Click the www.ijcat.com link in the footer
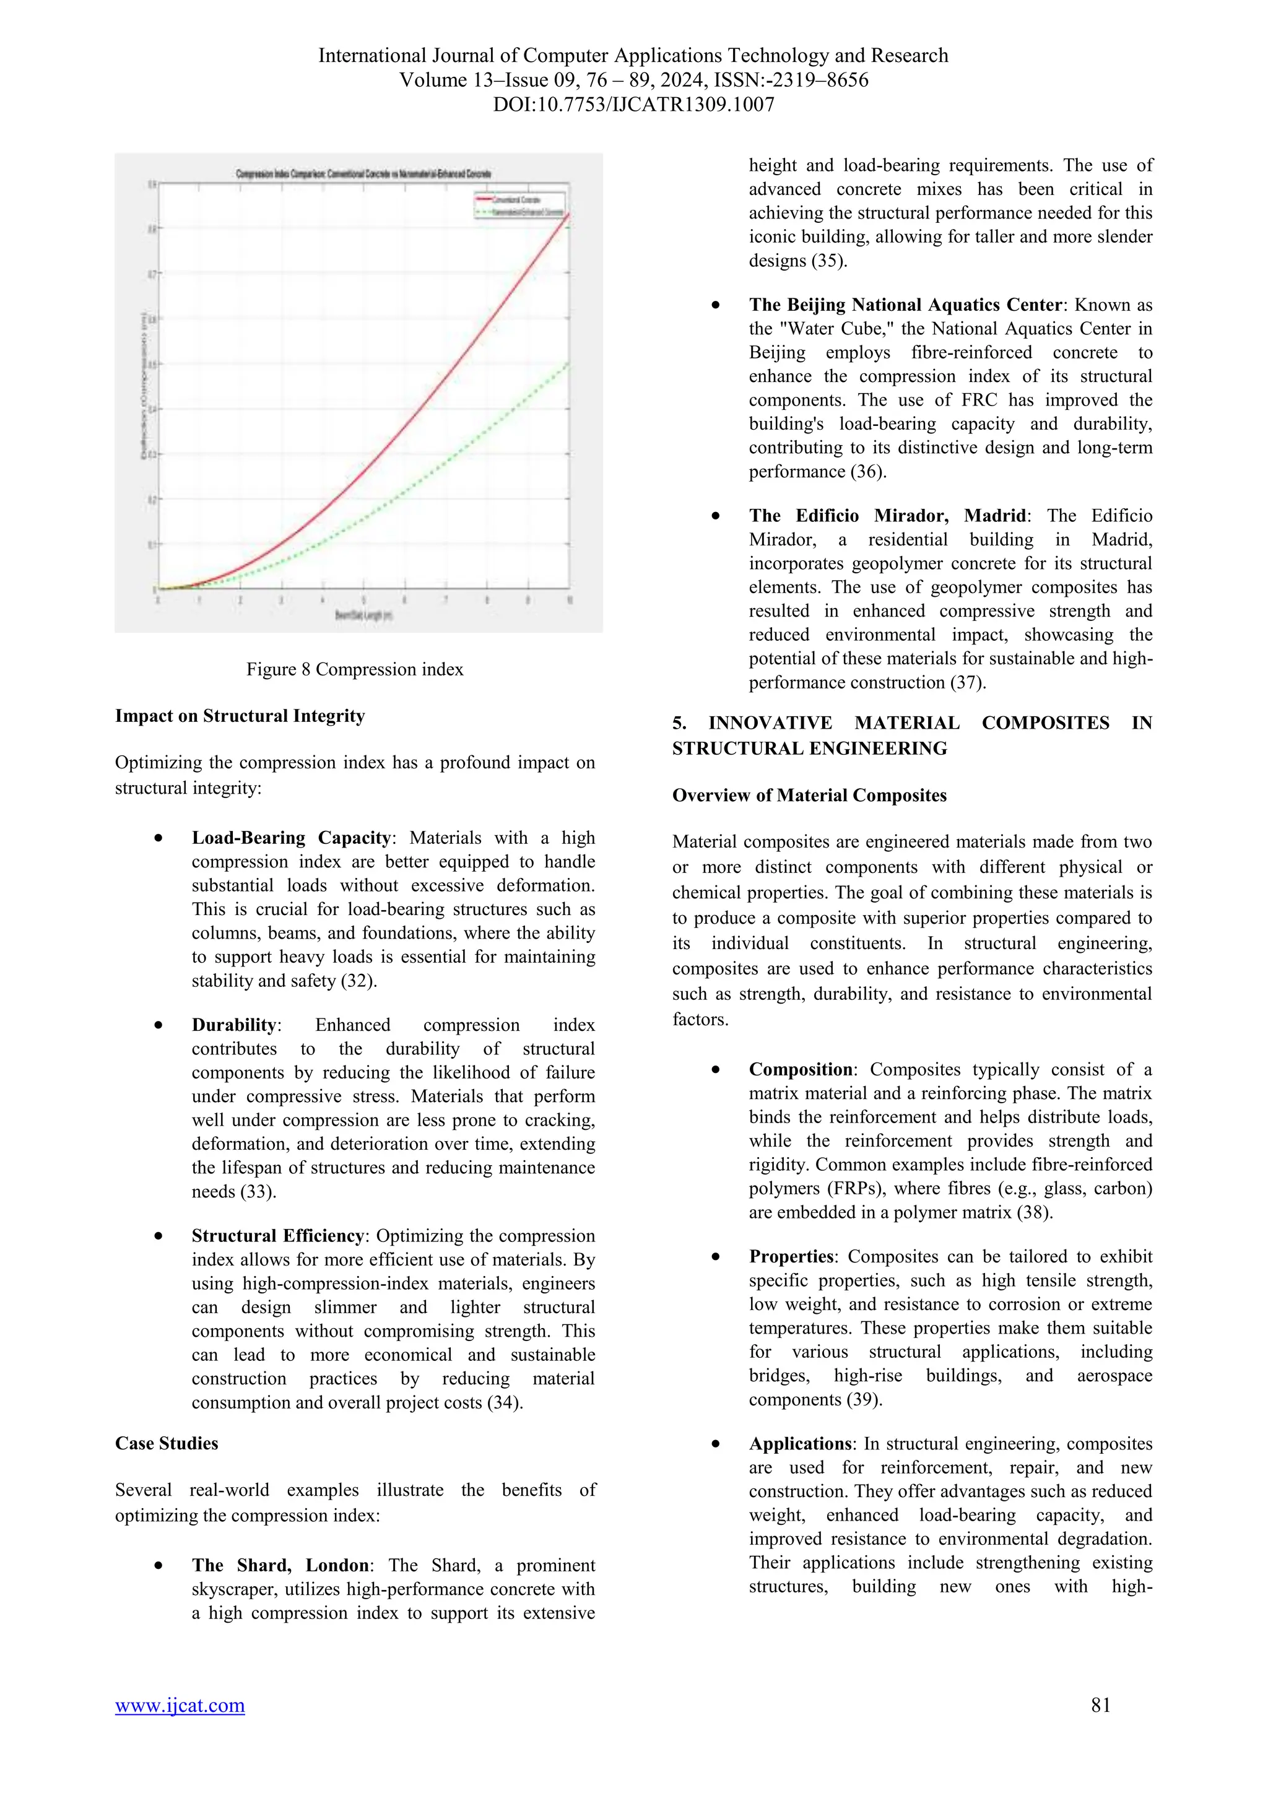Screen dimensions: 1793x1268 pyautogui.click(x=180, y=1727)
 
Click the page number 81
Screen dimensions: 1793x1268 pyautogui.click(x=1100, y=1727)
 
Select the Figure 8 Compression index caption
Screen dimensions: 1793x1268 pyautogui.click(x=355, y=669)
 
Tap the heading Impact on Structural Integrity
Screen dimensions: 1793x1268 pyautogui.click(x=240, y=716)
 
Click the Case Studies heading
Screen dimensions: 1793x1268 pyautogui.click(x=167, y=1443)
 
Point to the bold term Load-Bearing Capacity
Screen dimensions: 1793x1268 pyautogui.click(x=291, y=838)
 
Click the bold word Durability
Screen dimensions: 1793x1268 pyautogui.click(x=234, y=1025)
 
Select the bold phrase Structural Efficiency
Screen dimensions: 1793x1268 pyautogui.click(x=278, y=1236)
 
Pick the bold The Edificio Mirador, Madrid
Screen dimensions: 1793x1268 pyautogui.click(x=887, y=515)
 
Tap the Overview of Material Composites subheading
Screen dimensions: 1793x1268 pyautogui.click(x=809, y=795)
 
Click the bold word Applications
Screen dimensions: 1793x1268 pyautogui.click(x=799, y=1444)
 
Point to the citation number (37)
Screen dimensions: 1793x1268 pyautogui.click(x=967, y=682)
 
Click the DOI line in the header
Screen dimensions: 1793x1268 pyautogui.click(x=633, y=105)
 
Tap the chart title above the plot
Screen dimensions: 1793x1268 pyautogui.click(x=363, y=173)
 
